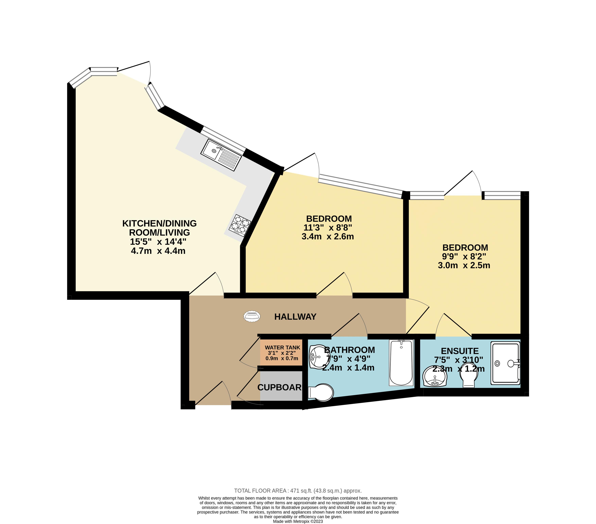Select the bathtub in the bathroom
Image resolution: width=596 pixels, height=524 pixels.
(x=401, y=363)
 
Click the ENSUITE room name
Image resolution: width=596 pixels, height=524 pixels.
(x=460, y=351)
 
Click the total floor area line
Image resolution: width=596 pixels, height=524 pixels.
(x=298, y=491)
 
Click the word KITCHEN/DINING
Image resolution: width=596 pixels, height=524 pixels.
(x=160, y=223)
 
